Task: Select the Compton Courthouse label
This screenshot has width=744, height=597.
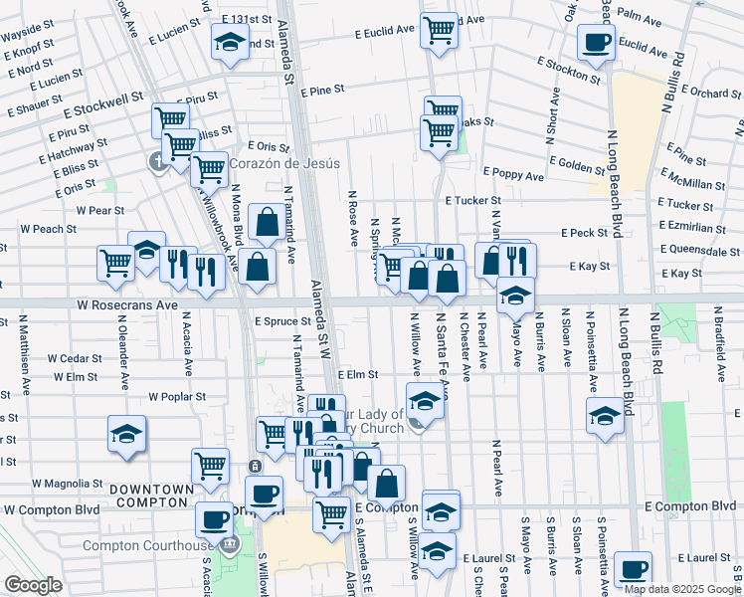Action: coord(147,545)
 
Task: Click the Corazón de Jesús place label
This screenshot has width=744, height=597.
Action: coord(285,164)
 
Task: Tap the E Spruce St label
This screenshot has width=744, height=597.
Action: coord(283,322)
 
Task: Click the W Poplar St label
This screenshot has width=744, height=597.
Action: coord(176,396)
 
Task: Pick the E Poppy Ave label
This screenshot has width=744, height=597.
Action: coord(512,176)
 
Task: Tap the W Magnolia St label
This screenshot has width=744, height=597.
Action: coord(68,484)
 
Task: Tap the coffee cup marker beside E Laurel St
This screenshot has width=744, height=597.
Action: coord(632,569)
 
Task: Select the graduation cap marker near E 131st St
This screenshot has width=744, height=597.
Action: coord(230,42)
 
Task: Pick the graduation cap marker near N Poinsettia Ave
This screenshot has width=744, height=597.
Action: coord(605,415)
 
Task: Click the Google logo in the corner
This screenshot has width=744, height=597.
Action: coord(34,585)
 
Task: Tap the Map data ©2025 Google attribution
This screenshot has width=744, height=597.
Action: coord(682,589)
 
